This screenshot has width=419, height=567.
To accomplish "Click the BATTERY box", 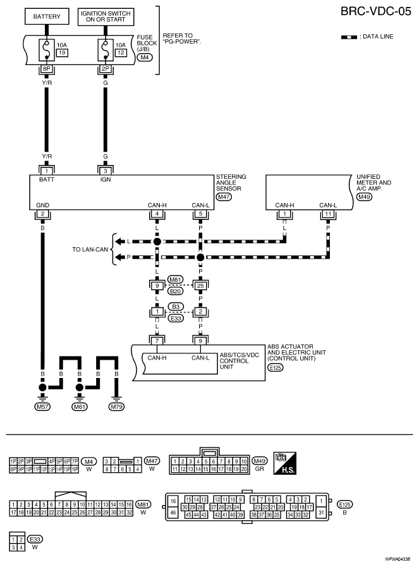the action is tap(47, 16).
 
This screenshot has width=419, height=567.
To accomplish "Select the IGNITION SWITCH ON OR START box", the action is tap(106, 16).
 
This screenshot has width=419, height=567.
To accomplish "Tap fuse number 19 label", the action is tap(62, 53).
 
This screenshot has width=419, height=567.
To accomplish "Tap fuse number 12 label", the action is tap(121, 53).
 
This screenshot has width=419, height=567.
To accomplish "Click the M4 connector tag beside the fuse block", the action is tap(145, 57).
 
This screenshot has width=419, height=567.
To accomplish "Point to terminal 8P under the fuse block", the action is tap(46, 69).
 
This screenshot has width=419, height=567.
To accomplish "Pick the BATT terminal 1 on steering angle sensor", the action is tap(46, 171).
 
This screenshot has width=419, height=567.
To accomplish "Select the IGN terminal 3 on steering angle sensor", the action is tap(106, 171).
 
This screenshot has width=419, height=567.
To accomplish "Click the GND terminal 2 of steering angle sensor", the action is tap(43, 214).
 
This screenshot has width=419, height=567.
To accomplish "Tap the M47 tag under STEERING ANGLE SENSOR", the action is tap(224, 197).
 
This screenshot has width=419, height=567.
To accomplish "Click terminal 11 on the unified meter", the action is tap(328, 214).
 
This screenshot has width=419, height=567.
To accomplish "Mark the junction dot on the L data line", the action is tap(157, 241).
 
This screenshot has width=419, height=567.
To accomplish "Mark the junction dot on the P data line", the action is tap(200, 257).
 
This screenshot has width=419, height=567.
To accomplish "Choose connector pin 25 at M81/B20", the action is tap(200, 286).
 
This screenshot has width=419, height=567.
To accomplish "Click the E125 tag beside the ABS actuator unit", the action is tap(276, 368).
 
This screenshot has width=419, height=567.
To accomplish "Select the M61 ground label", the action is tap(80, 407).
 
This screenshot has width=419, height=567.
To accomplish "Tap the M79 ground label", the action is tap(116, 407).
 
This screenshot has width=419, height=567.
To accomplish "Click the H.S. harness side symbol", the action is tap(285, 463).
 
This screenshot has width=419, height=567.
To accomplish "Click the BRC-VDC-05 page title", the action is tap(376, 11).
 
